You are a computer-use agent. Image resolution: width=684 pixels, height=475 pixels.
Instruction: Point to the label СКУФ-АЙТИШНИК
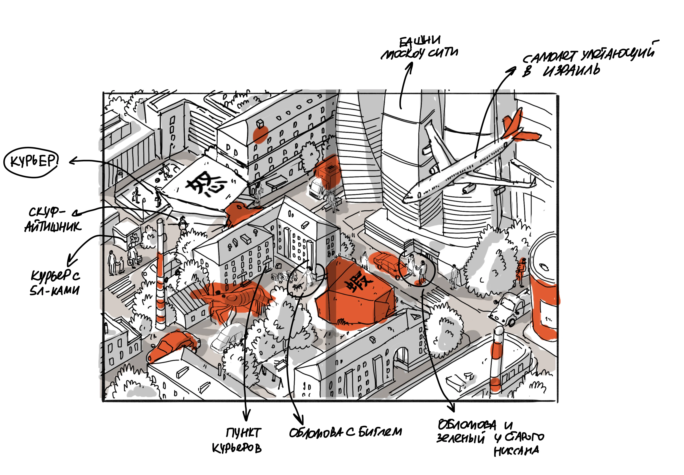(x=52, y=220)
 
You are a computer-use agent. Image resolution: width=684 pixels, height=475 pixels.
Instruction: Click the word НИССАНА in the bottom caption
(x=516, y=451)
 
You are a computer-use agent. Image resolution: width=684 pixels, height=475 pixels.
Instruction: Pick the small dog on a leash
(x=297, y=287)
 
